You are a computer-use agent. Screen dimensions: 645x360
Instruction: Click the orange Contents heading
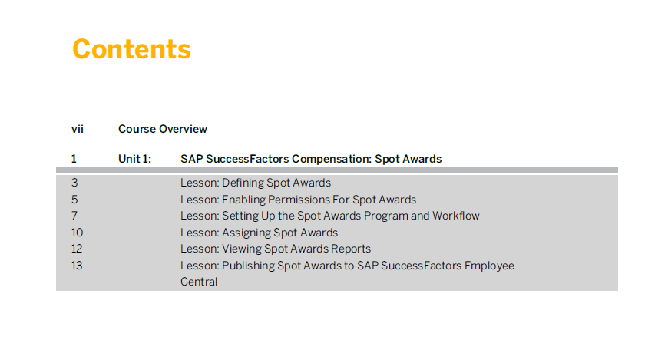tap(131, 49)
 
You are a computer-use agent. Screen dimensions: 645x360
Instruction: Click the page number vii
tap(78, 129)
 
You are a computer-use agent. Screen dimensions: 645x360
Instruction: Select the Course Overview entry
tap(163, 129)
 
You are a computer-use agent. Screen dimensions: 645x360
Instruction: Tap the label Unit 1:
tap(135, 159)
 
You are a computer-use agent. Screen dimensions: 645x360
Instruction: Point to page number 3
tap(74, 183)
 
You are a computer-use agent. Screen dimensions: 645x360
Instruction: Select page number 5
tap(74, 200)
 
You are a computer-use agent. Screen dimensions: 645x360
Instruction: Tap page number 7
tap(74, 216)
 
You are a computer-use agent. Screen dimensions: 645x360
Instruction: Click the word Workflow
tap(456, 216)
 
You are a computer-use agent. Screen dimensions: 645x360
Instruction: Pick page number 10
tap(77, 233)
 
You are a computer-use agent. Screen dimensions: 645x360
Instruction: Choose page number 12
tap(77, 249)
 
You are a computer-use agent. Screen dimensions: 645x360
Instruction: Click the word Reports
tap(351, 249)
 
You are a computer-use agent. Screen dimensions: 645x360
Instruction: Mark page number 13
tap(77, 266)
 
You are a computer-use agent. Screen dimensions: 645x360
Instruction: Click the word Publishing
tap(248, 266)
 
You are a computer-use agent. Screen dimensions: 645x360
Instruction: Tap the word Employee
tap(490, 266)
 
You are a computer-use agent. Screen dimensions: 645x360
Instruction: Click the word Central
tap(199, 282)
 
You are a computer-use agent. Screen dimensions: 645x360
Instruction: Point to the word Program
tap(385, 216)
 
